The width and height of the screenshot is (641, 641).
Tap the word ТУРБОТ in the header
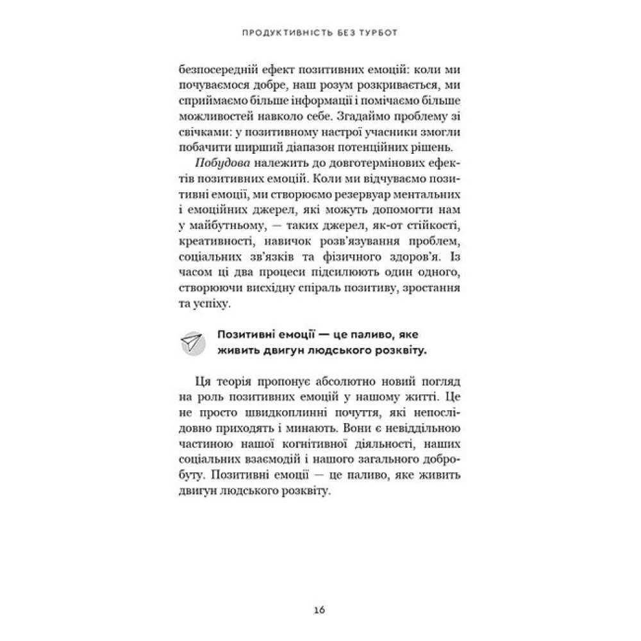(386, 31)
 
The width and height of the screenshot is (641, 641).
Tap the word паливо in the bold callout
(368, 335)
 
